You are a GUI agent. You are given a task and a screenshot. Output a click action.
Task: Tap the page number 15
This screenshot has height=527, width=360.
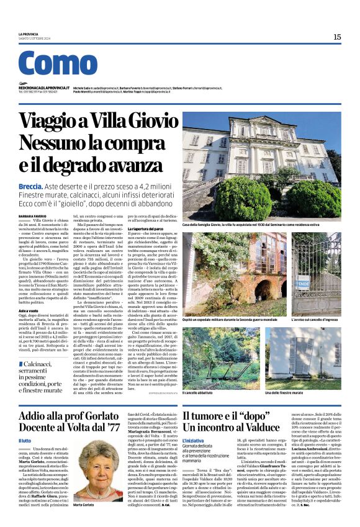point(337,37)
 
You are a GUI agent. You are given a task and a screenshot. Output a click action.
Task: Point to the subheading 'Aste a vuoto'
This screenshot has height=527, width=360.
point(27,310)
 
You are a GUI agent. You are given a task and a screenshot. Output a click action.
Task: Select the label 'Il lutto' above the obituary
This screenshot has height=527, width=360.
point(25,440)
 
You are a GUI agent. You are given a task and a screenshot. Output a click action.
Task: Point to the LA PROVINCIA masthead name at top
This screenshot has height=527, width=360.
point(29,34)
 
